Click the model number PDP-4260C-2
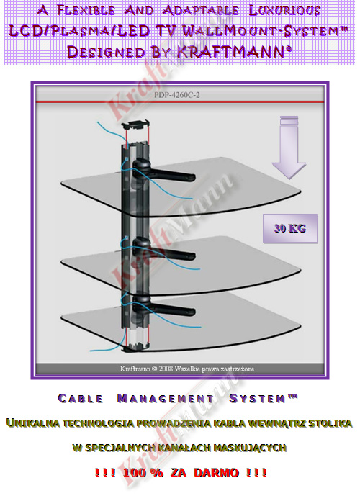[x=177, y=95]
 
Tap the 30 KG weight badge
[x=290, y=228]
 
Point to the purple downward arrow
[x=289, y=148]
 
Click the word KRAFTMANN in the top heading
[x=230, y=52]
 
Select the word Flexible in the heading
[x=86, y=10]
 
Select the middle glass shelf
[x=181, y=263]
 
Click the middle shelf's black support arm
[x=163, y=250]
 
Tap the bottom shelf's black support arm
[x=163, y=307]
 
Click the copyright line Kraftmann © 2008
[x=187, y=369]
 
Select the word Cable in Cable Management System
[x=81, y=399]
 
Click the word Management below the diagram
[x=166, y=399]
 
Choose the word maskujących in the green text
[x=249, y=447]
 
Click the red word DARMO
[x=216, y=472]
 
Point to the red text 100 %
[x=143, y=472]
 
